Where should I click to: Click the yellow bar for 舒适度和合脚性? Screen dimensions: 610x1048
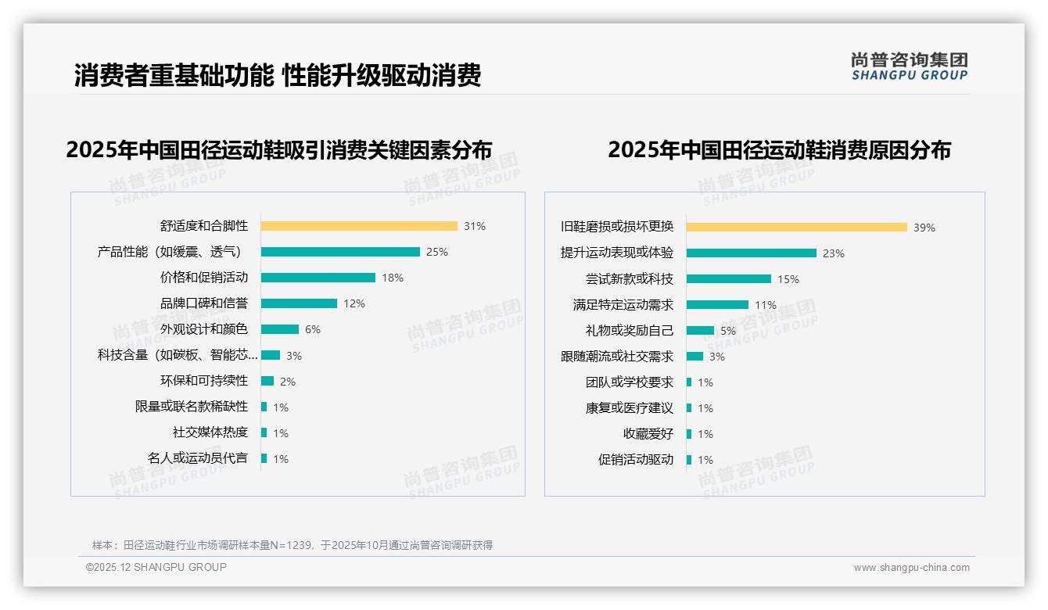click(x=359, y=226)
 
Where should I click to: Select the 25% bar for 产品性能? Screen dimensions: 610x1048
click(x=340, y=252)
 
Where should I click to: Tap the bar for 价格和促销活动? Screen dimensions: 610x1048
click(x=318, y=278)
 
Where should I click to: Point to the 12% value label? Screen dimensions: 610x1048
click(x=354, y=303)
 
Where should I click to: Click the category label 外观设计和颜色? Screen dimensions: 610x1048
click(x=204, y=329)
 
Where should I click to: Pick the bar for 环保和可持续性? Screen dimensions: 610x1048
click(x=267, y=381)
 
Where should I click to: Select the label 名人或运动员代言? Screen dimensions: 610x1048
click(x=198, y=458)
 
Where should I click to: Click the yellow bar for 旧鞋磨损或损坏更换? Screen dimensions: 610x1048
click(x=797, y=228)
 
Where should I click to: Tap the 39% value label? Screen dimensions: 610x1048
click(x=924, y=228)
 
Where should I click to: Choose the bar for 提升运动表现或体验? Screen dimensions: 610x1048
click(x=752, y=253)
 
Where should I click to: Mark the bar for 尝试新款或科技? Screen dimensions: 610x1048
click(x=729, y=279)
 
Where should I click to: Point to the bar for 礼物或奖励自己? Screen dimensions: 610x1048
click(x=701, y=331)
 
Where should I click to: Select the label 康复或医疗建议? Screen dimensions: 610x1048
click(x=630, y=408)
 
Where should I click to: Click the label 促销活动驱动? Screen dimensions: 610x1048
click(x=636, y=460)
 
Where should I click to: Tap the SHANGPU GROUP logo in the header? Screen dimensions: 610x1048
click(x=910, y=66)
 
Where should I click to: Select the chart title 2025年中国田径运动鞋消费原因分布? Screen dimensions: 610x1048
click(x=779, y=150)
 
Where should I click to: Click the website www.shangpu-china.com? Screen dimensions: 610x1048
click(x=911, y=568)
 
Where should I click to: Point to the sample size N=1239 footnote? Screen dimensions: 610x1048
click(x=292, y=545)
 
